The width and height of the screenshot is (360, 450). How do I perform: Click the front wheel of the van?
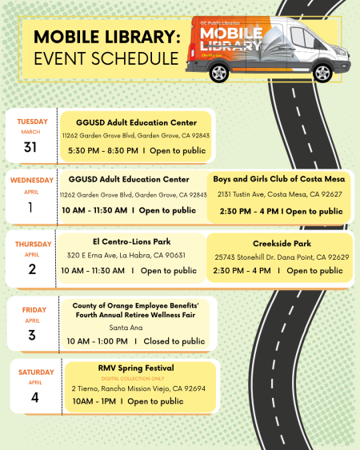(322, 72)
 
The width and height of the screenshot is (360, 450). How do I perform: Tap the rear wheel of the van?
(218, 74)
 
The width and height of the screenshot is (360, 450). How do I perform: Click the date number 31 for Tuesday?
(31, 147)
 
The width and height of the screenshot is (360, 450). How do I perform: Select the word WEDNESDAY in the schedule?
(32, 181)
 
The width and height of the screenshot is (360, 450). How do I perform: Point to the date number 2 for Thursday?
(31, 269)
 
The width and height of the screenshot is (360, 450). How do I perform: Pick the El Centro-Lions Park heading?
(131, 241)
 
